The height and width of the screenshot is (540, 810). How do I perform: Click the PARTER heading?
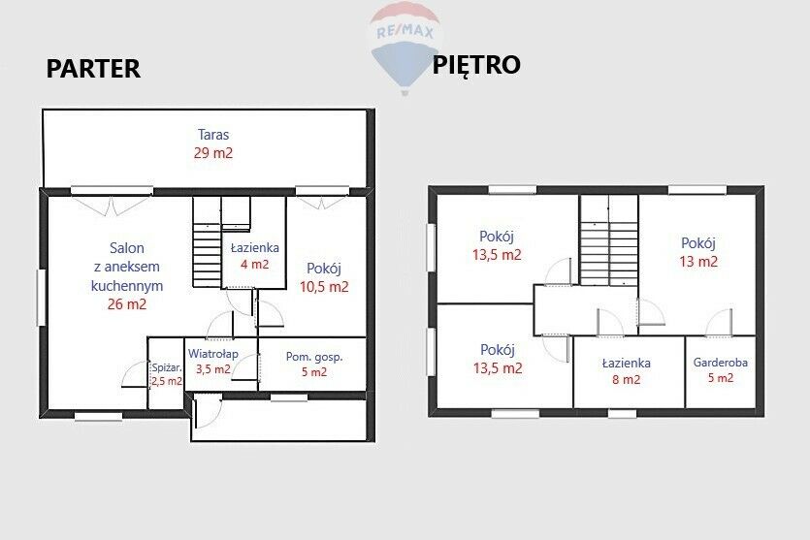click(93, 69)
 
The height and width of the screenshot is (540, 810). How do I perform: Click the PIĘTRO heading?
click(475, 65)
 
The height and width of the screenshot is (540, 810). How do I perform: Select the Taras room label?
click(213, 135)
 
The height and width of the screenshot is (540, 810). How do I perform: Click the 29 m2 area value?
click(213, 153)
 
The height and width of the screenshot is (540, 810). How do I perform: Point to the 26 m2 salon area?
click(127, 304)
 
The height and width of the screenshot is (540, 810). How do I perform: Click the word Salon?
click(126, 248)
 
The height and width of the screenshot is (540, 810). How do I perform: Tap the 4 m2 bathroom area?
click(255, 265)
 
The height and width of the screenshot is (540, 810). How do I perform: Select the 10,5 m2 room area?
click(324, 287)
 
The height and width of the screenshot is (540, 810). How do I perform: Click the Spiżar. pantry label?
click(167, 368)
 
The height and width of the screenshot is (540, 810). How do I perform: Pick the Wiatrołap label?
click(212, 354)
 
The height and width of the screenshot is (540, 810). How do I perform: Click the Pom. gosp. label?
click(314, 357)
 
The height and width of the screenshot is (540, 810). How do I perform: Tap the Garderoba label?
click(720, 363)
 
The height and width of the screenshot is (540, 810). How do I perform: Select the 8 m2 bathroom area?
click(626, 380)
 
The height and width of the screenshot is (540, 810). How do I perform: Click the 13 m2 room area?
click(698, 261)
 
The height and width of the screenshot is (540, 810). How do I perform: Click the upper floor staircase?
click(609, 240)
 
